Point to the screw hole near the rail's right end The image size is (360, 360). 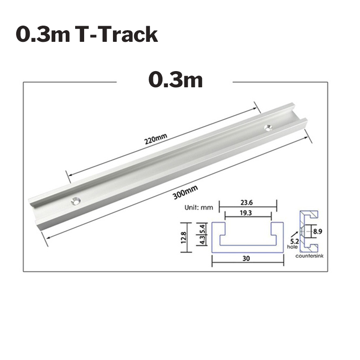click(269, 127)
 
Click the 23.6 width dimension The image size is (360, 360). click(246, 202)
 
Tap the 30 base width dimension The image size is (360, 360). click(246, 259)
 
